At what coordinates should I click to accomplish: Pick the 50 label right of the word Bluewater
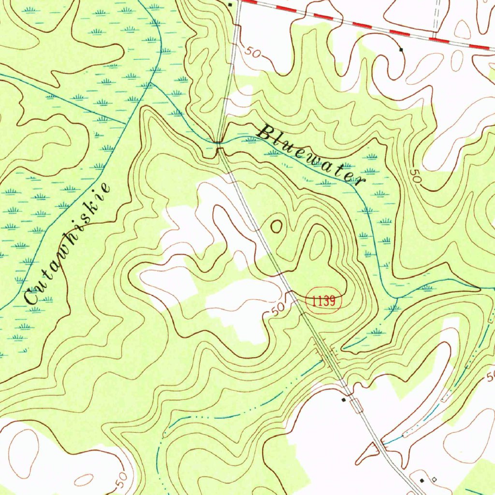click(x=415, y=177)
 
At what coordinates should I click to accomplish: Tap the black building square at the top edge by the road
click(x=231, y=4)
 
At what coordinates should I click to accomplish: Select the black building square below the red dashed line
click(x=401, y=49)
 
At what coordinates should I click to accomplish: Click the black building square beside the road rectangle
click(x=344, y=400)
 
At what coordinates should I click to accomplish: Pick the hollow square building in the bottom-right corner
click(x=434, y=479)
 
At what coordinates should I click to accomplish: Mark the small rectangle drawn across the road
click(x=357, y=406)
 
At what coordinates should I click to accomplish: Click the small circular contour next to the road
click(x=277, y=226)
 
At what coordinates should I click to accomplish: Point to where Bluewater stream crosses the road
click(x=219, y=144)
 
